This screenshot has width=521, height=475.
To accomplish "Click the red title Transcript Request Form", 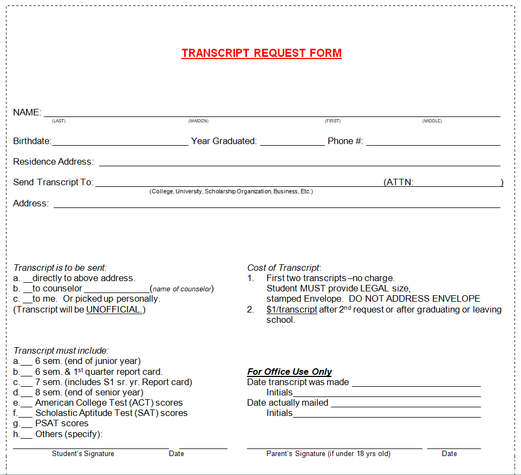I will (262, 53).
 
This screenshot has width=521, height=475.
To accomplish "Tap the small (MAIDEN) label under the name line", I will (198, 121).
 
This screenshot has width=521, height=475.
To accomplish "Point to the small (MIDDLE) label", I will (432, 121).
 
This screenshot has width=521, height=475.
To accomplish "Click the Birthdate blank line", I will (120, 144).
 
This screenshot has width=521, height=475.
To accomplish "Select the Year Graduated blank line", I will (292, 144).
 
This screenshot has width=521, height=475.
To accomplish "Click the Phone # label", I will (345, 141).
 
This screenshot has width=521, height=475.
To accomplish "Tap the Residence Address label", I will (53, 162).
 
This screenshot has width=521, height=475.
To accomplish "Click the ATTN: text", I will (399, 183).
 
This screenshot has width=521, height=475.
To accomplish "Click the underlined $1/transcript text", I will (291, 310).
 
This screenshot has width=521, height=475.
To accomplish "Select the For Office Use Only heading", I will (289, 372).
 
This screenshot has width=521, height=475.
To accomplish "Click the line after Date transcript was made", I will (416, 385).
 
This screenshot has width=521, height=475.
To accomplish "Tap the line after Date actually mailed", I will (406, 405).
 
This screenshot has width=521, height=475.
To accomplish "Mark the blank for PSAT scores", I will (27, 425).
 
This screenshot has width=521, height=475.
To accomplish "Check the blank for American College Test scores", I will (27, 405).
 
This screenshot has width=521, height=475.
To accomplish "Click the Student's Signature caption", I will (83, 454).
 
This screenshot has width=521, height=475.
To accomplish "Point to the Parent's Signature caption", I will (328, 454).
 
